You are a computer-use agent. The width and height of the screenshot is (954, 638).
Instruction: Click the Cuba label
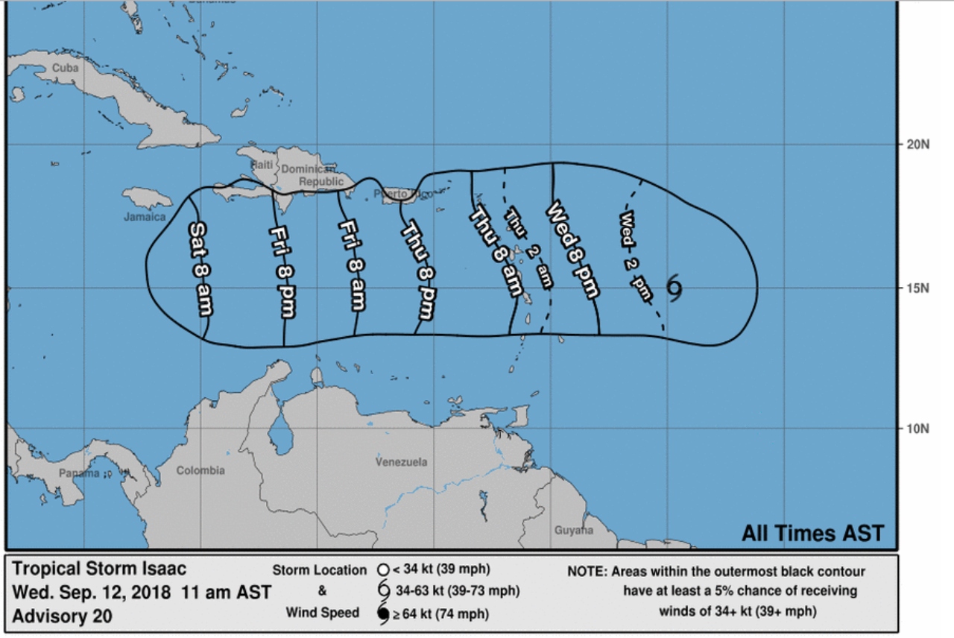[64, 68]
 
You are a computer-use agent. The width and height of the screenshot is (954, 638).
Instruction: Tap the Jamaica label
[145, 217]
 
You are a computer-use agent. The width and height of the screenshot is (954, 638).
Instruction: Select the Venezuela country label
[402, 462]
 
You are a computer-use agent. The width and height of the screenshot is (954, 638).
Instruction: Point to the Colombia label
[200, 470]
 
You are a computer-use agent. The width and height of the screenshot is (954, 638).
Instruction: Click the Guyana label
[574, 531]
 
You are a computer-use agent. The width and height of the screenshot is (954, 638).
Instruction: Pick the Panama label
[79, 473]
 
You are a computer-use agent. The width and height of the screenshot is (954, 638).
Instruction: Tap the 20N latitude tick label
[916, 145]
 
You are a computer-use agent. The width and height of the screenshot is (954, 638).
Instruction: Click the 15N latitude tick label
[916, 288]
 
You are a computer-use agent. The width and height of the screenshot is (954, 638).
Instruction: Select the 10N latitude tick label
[916, 429]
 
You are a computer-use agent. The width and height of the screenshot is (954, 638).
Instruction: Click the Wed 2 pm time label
[636, 256]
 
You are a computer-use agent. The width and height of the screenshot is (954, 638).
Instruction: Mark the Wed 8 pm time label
[572, 248]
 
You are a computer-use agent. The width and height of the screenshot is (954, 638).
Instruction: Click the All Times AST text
[812, 534]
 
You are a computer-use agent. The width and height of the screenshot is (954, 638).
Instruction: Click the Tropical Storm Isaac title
[99, 569]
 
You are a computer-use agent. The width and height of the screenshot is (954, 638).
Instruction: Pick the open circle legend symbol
[384, 570]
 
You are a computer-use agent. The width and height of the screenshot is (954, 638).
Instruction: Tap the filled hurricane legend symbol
[384, 615]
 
